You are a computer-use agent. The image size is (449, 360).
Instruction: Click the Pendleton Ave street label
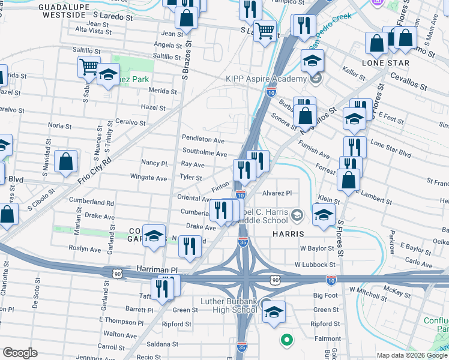(203, 139)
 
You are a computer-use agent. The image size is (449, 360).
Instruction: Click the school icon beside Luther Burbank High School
(274, 312)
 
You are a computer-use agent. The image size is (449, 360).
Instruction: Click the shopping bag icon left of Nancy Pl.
(66, 162)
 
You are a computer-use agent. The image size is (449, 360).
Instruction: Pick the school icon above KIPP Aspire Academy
(312, 61)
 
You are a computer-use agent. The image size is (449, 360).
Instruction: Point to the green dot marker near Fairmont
(286, 340)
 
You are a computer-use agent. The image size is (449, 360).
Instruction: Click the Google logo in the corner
(20, 353)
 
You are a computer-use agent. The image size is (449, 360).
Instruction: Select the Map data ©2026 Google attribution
(411, 355)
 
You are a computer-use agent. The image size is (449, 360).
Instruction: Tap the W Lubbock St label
(315, 264)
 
